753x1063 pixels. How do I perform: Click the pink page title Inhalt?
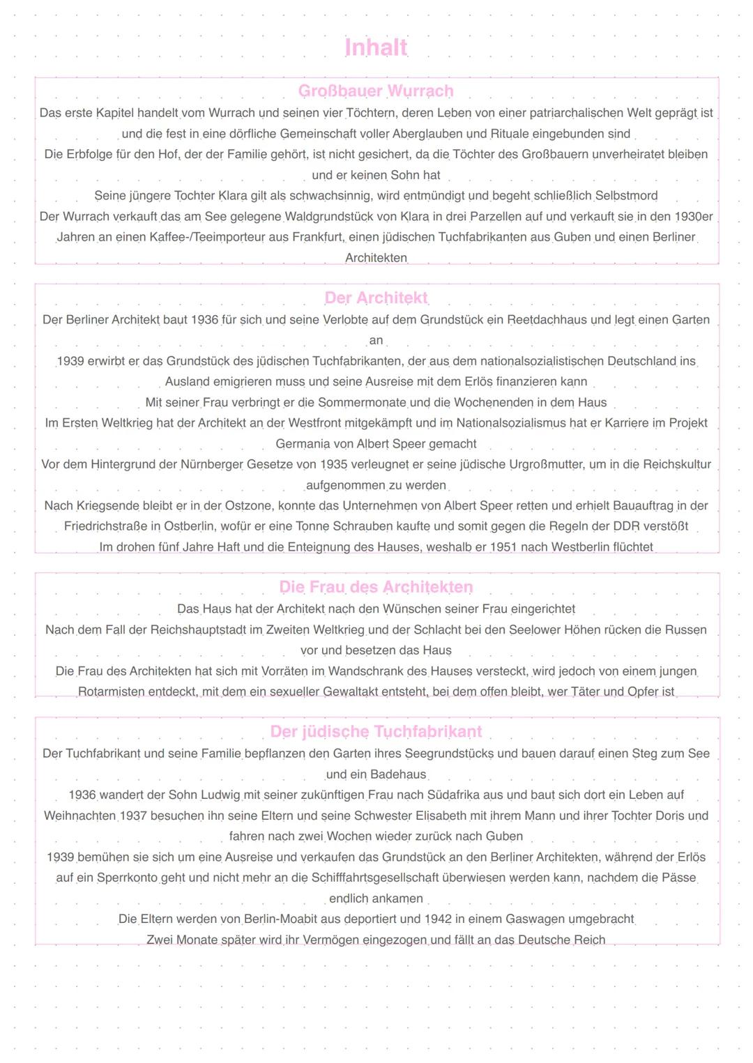coord(376,47)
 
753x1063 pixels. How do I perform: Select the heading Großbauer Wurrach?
coord(376,91)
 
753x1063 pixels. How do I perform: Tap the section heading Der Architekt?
coord(376,298)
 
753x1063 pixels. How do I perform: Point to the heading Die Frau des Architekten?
coord(376,587)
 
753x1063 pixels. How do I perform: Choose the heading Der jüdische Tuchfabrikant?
coord(376,731)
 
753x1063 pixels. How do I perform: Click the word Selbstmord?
coord(626,196)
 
